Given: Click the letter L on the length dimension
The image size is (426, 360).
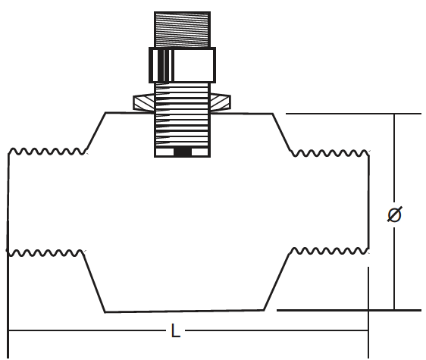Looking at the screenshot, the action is (176, 330).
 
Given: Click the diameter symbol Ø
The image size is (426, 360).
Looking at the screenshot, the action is (394, 214).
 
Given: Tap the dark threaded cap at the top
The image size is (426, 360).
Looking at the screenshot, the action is (182, 30).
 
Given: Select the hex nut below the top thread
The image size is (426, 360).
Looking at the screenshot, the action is (182, 65).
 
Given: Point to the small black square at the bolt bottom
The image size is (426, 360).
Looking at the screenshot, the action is (183, 152).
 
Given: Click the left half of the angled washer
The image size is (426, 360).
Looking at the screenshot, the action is (144, 103).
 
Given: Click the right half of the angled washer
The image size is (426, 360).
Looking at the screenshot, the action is (220, 103).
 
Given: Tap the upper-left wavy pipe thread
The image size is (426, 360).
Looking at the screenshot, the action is (48, 152).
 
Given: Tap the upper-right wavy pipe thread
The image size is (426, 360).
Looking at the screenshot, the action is (330, 153).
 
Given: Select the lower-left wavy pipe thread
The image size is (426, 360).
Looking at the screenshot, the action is (45, 253).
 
